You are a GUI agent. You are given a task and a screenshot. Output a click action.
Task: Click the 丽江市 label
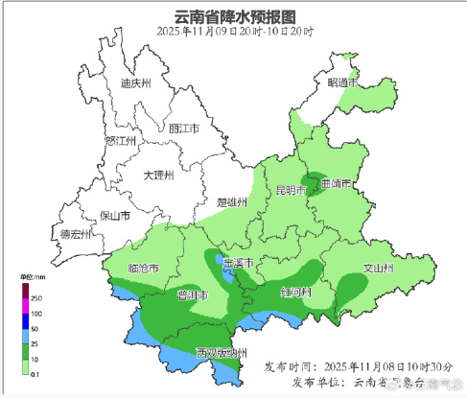182,128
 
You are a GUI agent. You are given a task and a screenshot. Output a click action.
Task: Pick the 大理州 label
157,176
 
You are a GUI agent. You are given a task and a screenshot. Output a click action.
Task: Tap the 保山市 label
112,216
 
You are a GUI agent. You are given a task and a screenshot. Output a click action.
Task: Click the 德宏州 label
75,234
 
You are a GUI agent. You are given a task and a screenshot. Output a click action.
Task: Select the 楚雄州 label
233,202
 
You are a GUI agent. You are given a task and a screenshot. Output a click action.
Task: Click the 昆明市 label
292,190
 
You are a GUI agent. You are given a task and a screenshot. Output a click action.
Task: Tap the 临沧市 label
144,268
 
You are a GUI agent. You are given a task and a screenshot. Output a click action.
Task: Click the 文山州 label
378,268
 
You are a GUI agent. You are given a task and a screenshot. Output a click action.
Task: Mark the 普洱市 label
195,294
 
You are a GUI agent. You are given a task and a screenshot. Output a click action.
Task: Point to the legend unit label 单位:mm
32,276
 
